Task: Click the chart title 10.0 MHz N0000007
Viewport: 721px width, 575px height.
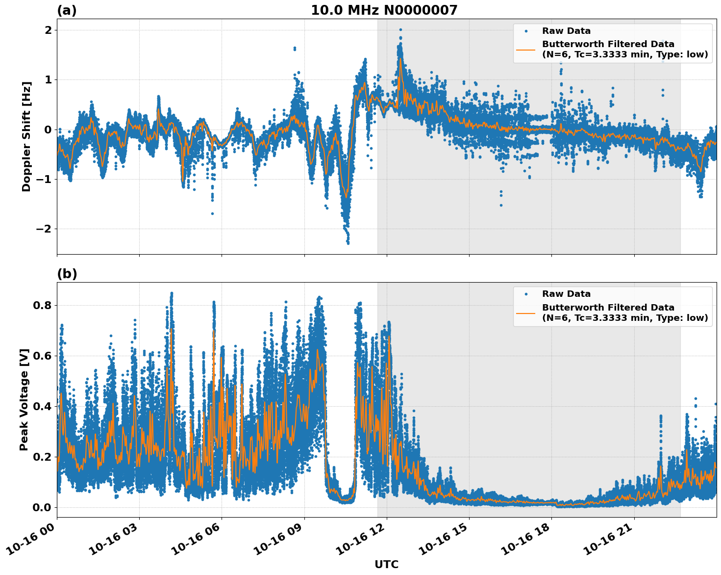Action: pyautogui.click(x=384, y=10)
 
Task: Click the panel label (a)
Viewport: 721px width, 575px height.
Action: pyautogui.click(x=67, y=10)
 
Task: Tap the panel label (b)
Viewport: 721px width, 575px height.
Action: pyautogui.click(x=67, y=274)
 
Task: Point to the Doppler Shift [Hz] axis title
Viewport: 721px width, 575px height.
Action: pyautogui.click(x=26, y=136)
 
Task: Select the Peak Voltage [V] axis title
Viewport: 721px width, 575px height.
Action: pyautogui.click(x=24, y=399)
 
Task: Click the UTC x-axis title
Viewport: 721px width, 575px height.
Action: pyautogui.click(x=386, y=564)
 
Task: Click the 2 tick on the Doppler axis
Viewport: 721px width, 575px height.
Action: pyautogui.click(x=49, y=30)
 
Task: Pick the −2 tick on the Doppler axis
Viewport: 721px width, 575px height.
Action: pyautogui.click(x=44, y=229)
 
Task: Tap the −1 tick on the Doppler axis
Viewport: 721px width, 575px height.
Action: pyautogui.click(x=44, y=180)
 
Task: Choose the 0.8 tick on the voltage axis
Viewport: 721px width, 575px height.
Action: pyautogui.click(x=42, y=305)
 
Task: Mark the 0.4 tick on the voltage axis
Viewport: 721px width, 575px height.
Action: pyautogui.click(x=42, y=406)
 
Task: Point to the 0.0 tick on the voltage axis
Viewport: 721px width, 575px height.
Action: pyautogui.click(x=42, y=507)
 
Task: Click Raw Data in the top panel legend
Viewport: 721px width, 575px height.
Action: pyautogui.click(x=566, y=31)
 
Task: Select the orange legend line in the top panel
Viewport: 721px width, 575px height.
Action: pyautogui.click(x=526, y=50)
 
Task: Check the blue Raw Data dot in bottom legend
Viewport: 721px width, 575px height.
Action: pyautogui.click(x=526, y=294)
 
